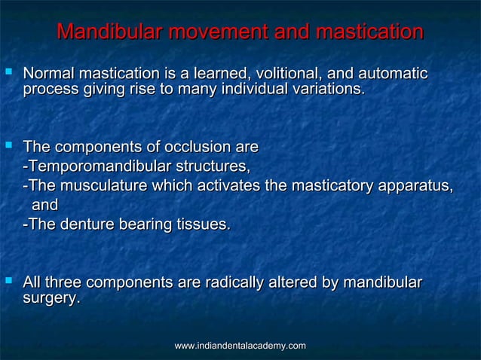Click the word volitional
tap(285, 74)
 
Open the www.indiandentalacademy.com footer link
tap(240, 345)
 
